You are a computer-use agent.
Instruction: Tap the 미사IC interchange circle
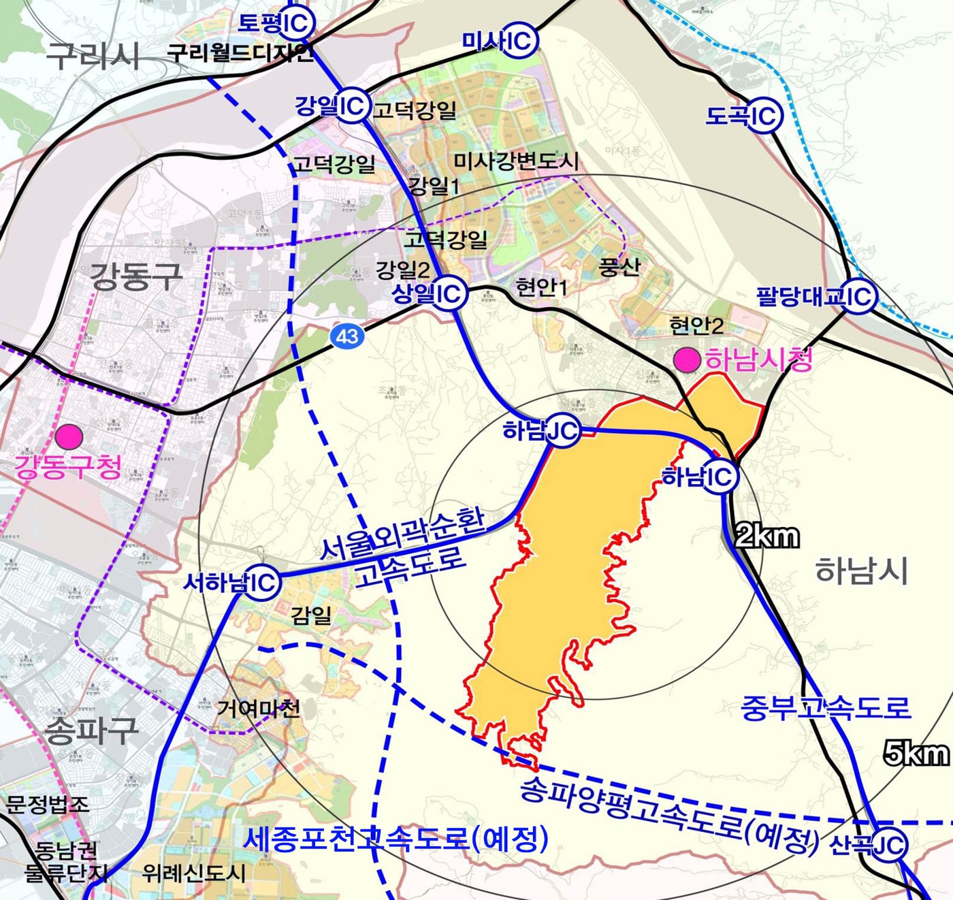pos(521,41)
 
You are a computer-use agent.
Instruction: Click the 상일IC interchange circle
pos(449,293)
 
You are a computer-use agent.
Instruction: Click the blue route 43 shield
pos(347,336)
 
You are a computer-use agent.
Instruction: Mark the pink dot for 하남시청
pos(687,359)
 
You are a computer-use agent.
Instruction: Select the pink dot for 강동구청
pos(69,436)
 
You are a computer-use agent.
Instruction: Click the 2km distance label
pos(767,537)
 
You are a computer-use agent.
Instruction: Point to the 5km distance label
pos(916,754)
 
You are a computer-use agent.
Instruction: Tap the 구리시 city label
pos(93,54)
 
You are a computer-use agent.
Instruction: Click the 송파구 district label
pos(91,730)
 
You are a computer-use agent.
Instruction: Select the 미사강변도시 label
pos(516,161)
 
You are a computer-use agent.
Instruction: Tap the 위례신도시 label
pos(193,873)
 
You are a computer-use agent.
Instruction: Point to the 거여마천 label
pos(258,709)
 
